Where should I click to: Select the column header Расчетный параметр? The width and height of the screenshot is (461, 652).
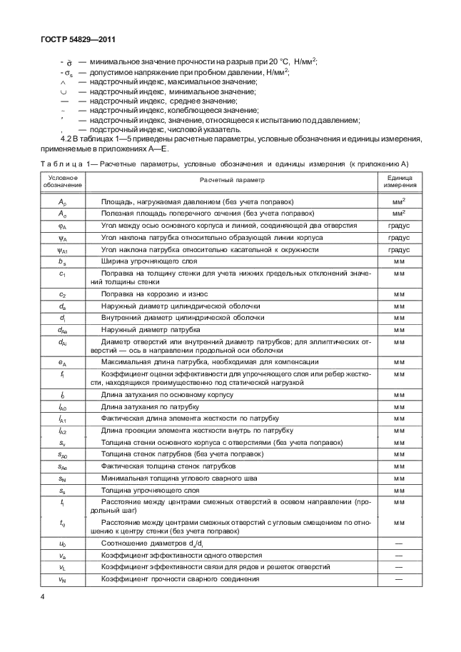point(231,181)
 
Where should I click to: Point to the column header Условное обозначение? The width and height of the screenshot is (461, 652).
point(63,181)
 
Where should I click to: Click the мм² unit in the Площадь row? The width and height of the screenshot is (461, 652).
point(399,201)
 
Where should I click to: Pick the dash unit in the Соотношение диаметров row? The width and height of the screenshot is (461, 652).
point(399,543)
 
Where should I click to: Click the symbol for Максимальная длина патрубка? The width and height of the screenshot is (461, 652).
point(63,362)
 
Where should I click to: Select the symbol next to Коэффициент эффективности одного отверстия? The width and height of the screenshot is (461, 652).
point(63,555)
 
